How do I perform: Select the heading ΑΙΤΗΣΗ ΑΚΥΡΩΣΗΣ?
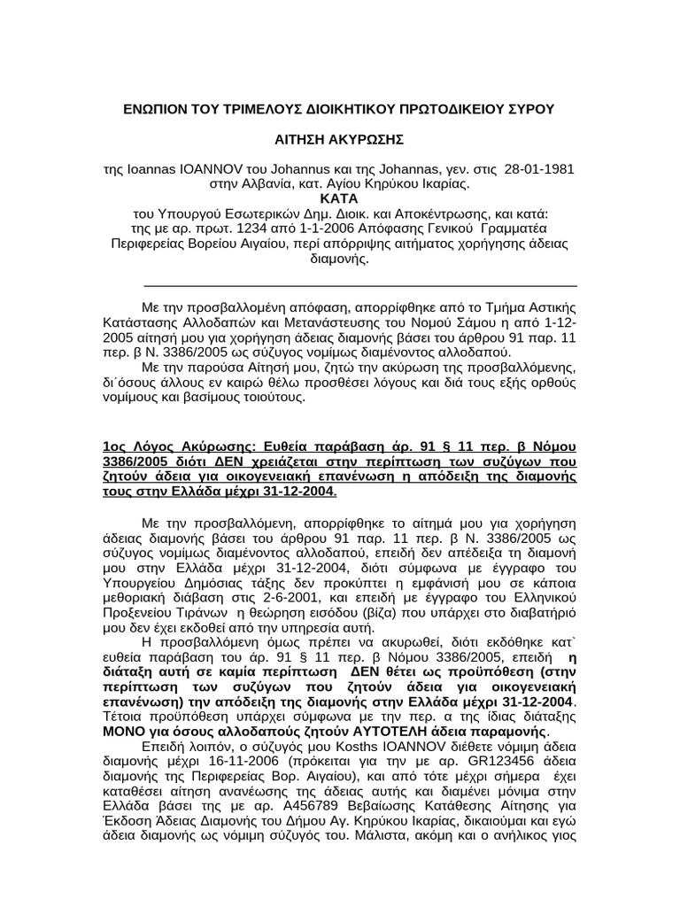pos(339,141)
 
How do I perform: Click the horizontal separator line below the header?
pos(360,286)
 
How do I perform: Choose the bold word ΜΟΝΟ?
pos(128,732)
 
